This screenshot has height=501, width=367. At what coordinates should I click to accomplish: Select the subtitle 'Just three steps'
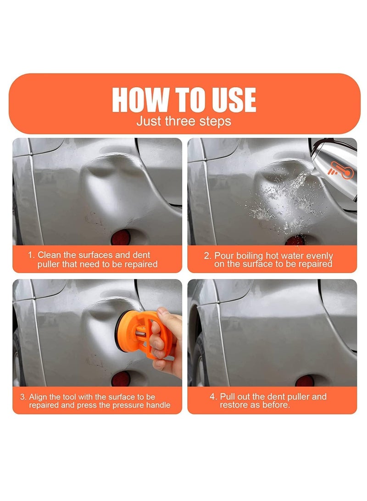(184, 121)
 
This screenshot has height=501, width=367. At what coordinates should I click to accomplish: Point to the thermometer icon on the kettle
(341, 170)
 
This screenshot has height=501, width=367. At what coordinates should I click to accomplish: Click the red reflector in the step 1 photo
(121, 237)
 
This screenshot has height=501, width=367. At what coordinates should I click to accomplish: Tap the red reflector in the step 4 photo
(305, 381)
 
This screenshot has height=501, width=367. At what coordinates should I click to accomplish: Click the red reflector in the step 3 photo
(121, 379)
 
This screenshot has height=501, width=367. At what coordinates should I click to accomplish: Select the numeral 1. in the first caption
(31, 255)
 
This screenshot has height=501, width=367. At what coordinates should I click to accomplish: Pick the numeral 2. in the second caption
(208, 256)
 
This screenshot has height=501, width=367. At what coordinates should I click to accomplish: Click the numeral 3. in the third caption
(23, 397)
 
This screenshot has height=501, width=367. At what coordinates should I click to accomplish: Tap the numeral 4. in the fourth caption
(213, 397)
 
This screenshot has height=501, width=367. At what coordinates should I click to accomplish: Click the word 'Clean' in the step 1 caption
(49, 255)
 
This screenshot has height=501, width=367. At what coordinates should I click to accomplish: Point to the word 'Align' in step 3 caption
(38, 398)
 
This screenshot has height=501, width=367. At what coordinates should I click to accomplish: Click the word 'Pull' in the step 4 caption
(227, 396)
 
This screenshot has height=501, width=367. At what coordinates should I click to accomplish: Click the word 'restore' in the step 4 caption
(232, 405)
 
